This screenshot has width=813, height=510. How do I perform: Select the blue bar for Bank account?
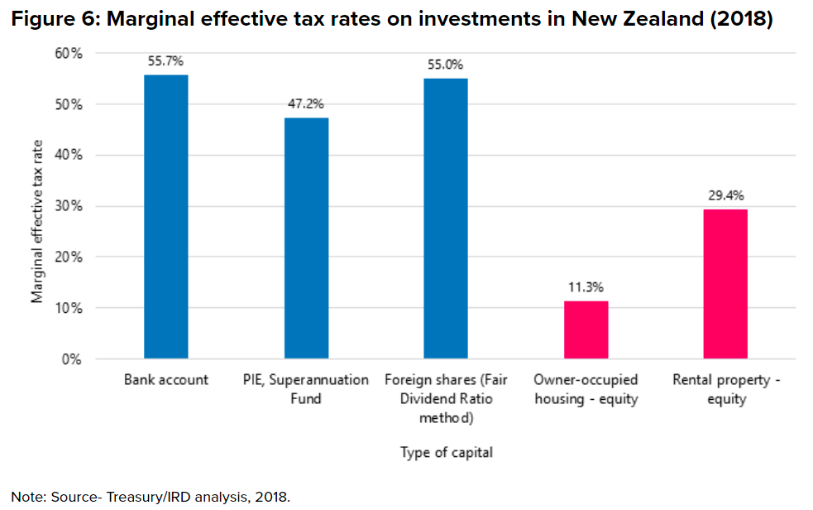point(166,217)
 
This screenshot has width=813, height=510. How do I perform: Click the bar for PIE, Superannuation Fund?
point(306,238)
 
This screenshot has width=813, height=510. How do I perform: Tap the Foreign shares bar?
point(446,219)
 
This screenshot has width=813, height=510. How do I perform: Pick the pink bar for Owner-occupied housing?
point(586,330)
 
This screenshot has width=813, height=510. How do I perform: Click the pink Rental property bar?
point(726,284)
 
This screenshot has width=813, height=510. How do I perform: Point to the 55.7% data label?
point(166,61)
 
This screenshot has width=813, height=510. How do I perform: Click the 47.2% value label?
point(306,104)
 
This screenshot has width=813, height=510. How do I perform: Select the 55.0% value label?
point(446,65)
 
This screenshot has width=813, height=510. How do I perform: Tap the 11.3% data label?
point(586,287)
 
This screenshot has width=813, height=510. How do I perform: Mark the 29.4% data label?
point(726,195)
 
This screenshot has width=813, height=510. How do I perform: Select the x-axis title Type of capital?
point(447,452)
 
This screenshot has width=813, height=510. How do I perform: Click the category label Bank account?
point(166,380)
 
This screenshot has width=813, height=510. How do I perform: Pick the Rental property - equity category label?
point(726,389)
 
